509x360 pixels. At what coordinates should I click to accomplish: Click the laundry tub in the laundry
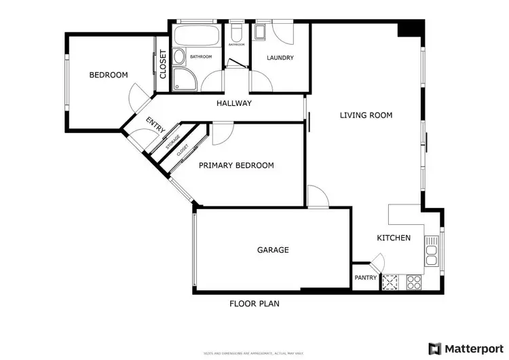pos(261,33)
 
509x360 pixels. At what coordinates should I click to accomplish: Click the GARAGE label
pos(273,250)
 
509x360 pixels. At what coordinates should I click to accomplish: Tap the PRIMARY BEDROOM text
pos(235,165)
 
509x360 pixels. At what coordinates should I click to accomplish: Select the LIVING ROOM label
pos(366,115)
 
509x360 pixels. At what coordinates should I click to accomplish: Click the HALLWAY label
pos(234,103)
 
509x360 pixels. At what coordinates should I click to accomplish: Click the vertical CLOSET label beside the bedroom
pos(163,65)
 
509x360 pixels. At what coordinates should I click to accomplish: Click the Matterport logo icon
pos(434,348)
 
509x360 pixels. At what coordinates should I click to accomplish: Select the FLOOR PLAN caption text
pos(254,304)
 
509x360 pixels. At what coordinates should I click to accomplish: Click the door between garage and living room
pos(317,197)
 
